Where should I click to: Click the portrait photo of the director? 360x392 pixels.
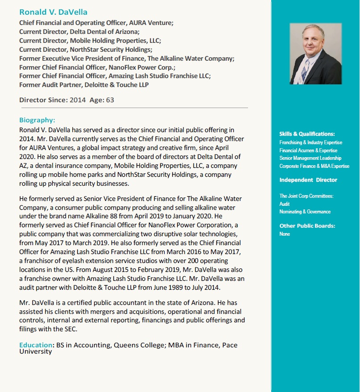tap(315, 54)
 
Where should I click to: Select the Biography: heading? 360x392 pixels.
tap(37, 120)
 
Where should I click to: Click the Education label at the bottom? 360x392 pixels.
tap(36, 345)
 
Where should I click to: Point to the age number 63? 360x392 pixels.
tap(110, 100)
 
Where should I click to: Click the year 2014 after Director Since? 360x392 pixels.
tap(78, 100)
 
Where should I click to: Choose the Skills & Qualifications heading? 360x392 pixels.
tap(307, 134)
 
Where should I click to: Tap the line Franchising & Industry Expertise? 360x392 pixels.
tap(311, 142)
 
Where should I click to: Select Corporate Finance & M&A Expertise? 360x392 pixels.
tap(314, 166)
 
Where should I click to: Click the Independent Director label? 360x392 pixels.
tap(308, 180)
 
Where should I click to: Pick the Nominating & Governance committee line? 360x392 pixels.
tap(305, 212)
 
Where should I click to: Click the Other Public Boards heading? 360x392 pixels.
tap(307, 226)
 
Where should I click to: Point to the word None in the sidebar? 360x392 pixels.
tap(285, 234)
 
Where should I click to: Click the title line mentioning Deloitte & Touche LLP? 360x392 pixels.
tap(84, 84)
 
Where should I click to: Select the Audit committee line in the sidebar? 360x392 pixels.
tap(285, 204)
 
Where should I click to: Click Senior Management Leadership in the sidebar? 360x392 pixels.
tap(310, 158)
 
